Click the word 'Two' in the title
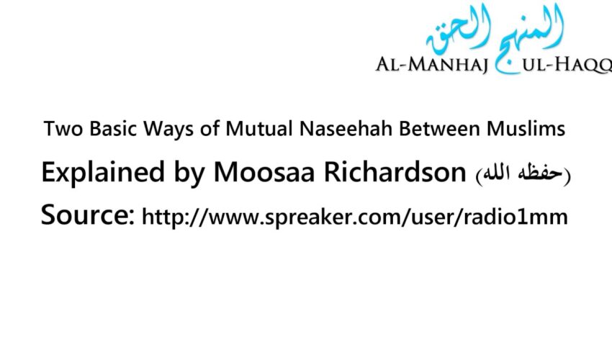[x=60, y=130]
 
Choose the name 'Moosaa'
[x=243, y=173]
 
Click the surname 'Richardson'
[x=382, y=173]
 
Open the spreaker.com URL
[x=355, y=215]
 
